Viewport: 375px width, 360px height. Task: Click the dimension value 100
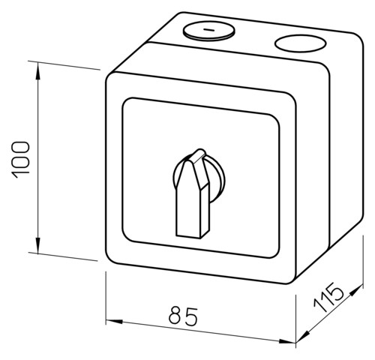20,160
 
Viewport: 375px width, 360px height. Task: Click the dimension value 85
183,316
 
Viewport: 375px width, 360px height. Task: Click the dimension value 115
328,297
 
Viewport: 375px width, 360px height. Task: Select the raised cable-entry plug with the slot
209,31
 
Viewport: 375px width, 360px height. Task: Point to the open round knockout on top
301,43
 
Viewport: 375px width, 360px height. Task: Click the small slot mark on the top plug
208,30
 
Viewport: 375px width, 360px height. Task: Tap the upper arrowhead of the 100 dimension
37,70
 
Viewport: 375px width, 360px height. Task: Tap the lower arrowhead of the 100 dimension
37,245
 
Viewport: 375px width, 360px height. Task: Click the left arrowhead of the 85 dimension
114,321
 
